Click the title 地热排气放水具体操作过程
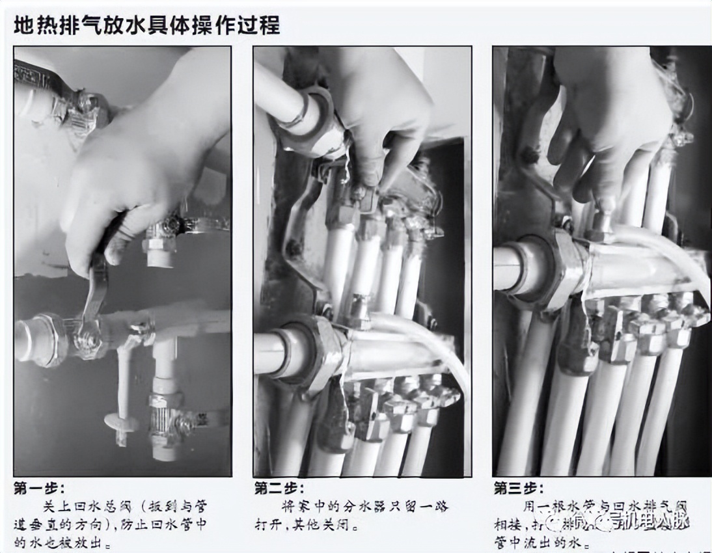(x=146, y=25)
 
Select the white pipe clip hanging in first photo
(x=121, y=416)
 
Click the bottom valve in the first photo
(x=163, y=416)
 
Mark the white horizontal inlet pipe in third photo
(x=511, y=267)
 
